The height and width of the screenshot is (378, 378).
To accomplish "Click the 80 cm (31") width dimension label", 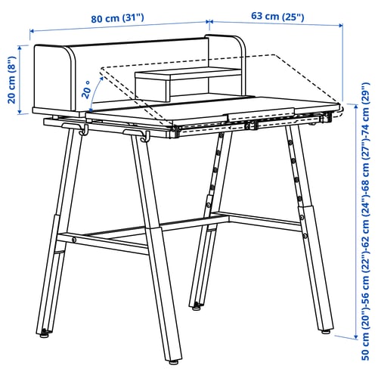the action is (x=117, y=18).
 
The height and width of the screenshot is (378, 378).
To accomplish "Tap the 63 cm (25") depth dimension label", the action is (x=277, y=17).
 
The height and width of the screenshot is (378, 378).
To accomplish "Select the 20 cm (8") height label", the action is (x=12, y=79).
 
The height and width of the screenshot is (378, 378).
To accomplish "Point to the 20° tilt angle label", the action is (x=86, y=90).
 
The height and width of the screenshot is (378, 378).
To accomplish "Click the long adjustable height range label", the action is (x=365, y=221).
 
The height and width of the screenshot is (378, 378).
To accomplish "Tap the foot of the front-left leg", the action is (x=45, y=334).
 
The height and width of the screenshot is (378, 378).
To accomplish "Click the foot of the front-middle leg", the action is (x=173, y=362).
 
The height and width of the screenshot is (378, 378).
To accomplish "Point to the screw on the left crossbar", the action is (x=74, y=240).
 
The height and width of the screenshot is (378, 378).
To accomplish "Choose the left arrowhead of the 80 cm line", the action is (x=32, y=31).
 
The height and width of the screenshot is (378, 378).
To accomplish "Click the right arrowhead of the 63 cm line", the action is (x=340, y=26).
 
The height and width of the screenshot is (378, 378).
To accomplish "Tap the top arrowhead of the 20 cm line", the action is (x=20, y=48).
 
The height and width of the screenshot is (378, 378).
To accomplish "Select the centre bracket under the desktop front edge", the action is (x=251, y=125).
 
